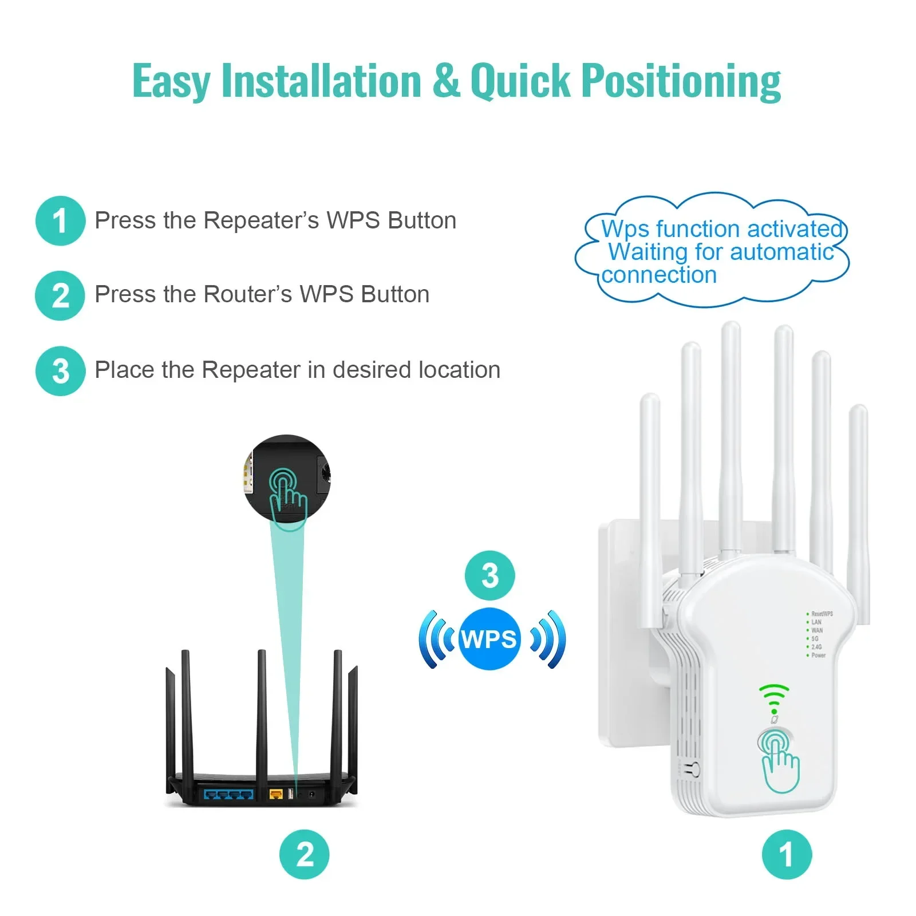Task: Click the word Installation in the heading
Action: point(321,81)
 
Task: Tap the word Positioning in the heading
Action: point(681,81)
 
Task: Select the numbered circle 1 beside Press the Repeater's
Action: point(60,221)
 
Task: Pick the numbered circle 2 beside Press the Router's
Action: point(60,295)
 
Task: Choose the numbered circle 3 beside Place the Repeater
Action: point(60,371)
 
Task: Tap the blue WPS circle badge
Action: point(489,639)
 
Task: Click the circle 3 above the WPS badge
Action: point(489,575)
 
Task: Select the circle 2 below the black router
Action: point(305,854)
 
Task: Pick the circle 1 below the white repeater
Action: point(787,854)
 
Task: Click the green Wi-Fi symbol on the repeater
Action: point(774,697)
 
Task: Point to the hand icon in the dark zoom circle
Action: point(287,497)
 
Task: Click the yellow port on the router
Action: point(276,794)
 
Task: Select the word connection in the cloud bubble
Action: point(659,275)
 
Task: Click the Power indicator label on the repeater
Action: point(818,655)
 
